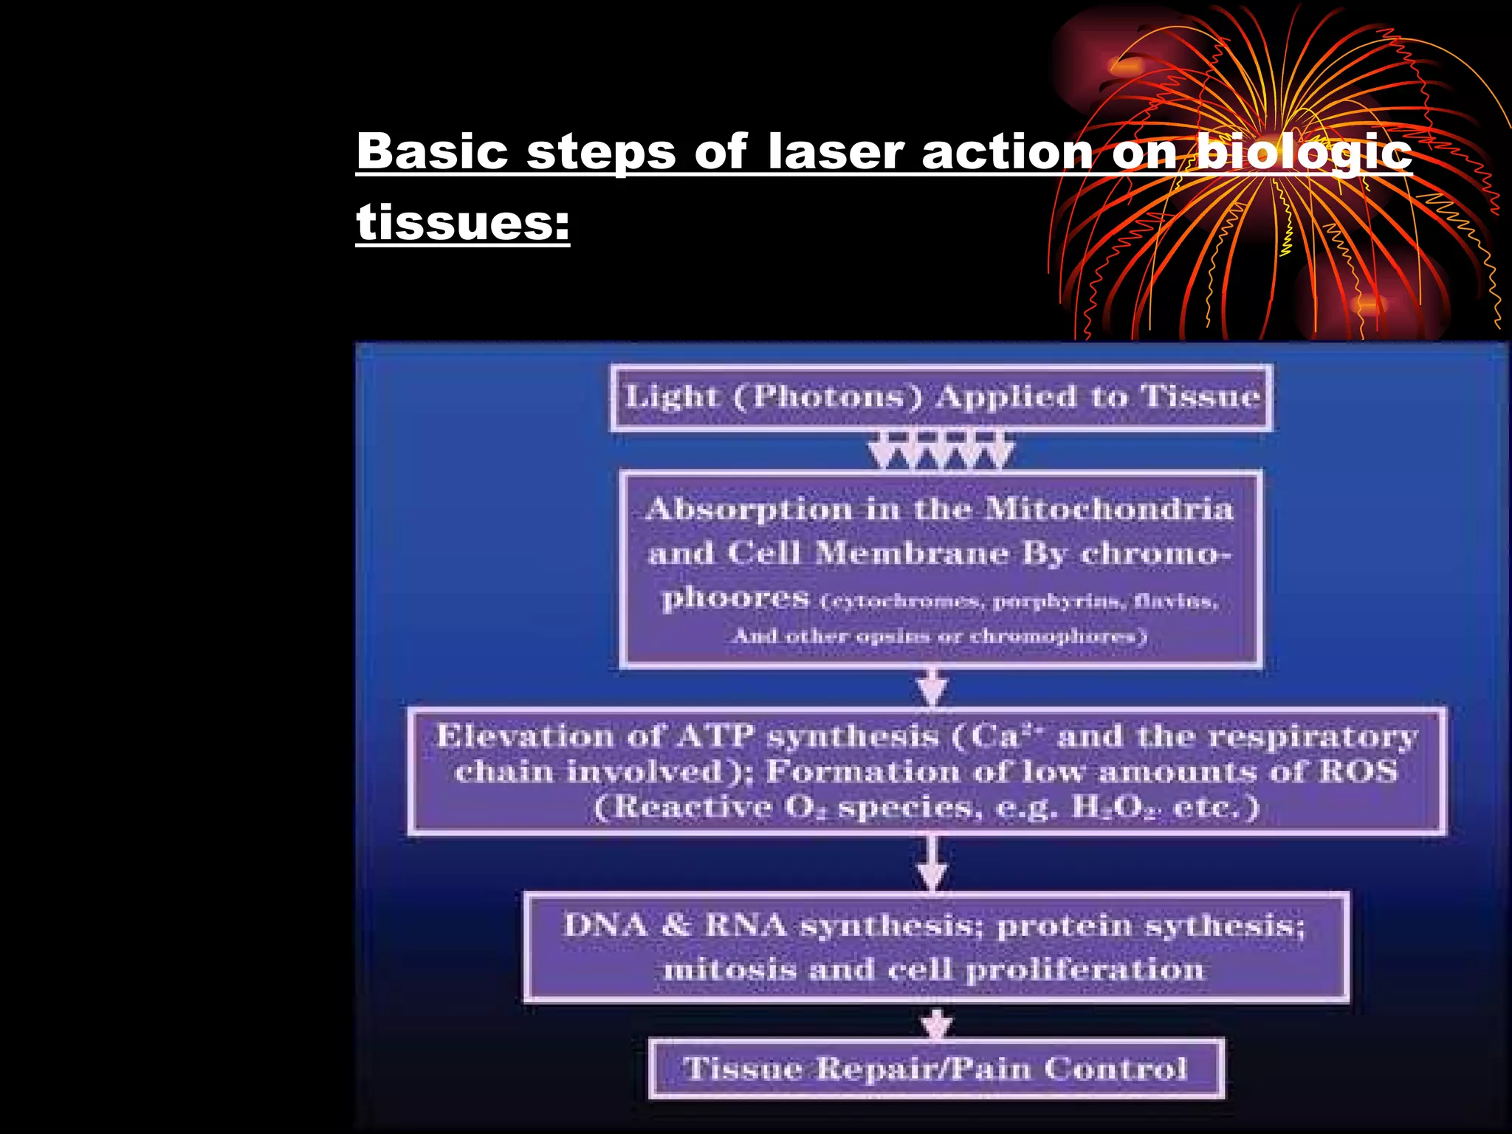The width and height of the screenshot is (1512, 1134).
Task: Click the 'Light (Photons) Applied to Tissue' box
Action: point(941,397)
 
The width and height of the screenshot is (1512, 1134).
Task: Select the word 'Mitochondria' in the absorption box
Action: point(1109,509)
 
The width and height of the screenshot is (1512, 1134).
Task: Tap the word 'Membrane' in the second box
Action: point(912,553)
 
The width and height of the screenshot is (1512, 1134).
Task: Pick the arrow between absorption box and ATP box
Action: point(932,688)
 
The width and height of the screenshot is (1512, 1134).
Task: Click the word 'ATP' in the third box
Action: point(715,736)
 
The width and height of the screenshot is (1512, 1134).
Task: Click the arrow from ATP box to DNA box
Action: point(932,865)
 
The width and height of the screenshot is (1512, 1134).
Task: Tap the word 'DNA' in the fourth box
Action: point(605,925)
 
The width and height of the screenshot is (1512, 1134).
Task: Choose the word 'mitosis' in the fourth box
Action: point(729,969)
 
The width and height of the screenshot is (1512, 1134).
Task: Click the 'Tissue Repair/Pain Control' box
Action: point(936,1068)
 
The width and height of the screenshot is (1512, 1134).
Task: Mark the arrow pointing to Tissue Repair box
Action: point(937,1025)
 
